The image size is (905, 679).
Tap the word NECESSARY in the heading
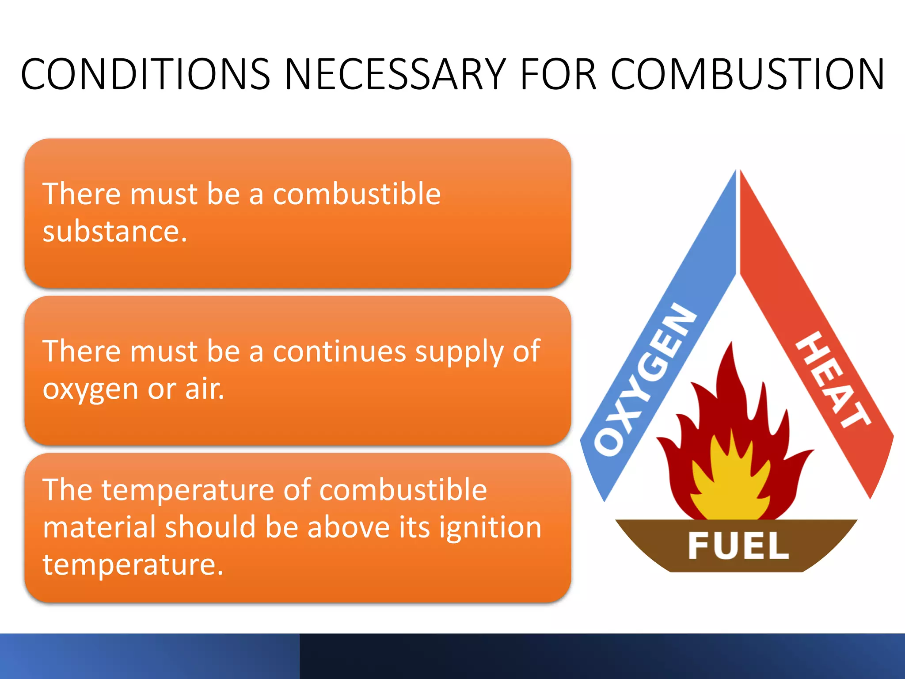(x=395, y=74)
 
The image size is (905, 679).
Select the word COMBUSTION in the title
(x=748, y=74)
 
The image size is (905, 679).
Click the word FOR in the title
(x=558, y=74)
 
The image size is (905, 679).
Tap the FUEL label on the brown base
(x=738, y=546)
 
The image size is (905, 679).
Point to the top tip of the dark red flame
(x=732, y=344)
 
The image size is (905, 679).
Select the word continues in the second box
(x=339, y=351)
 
